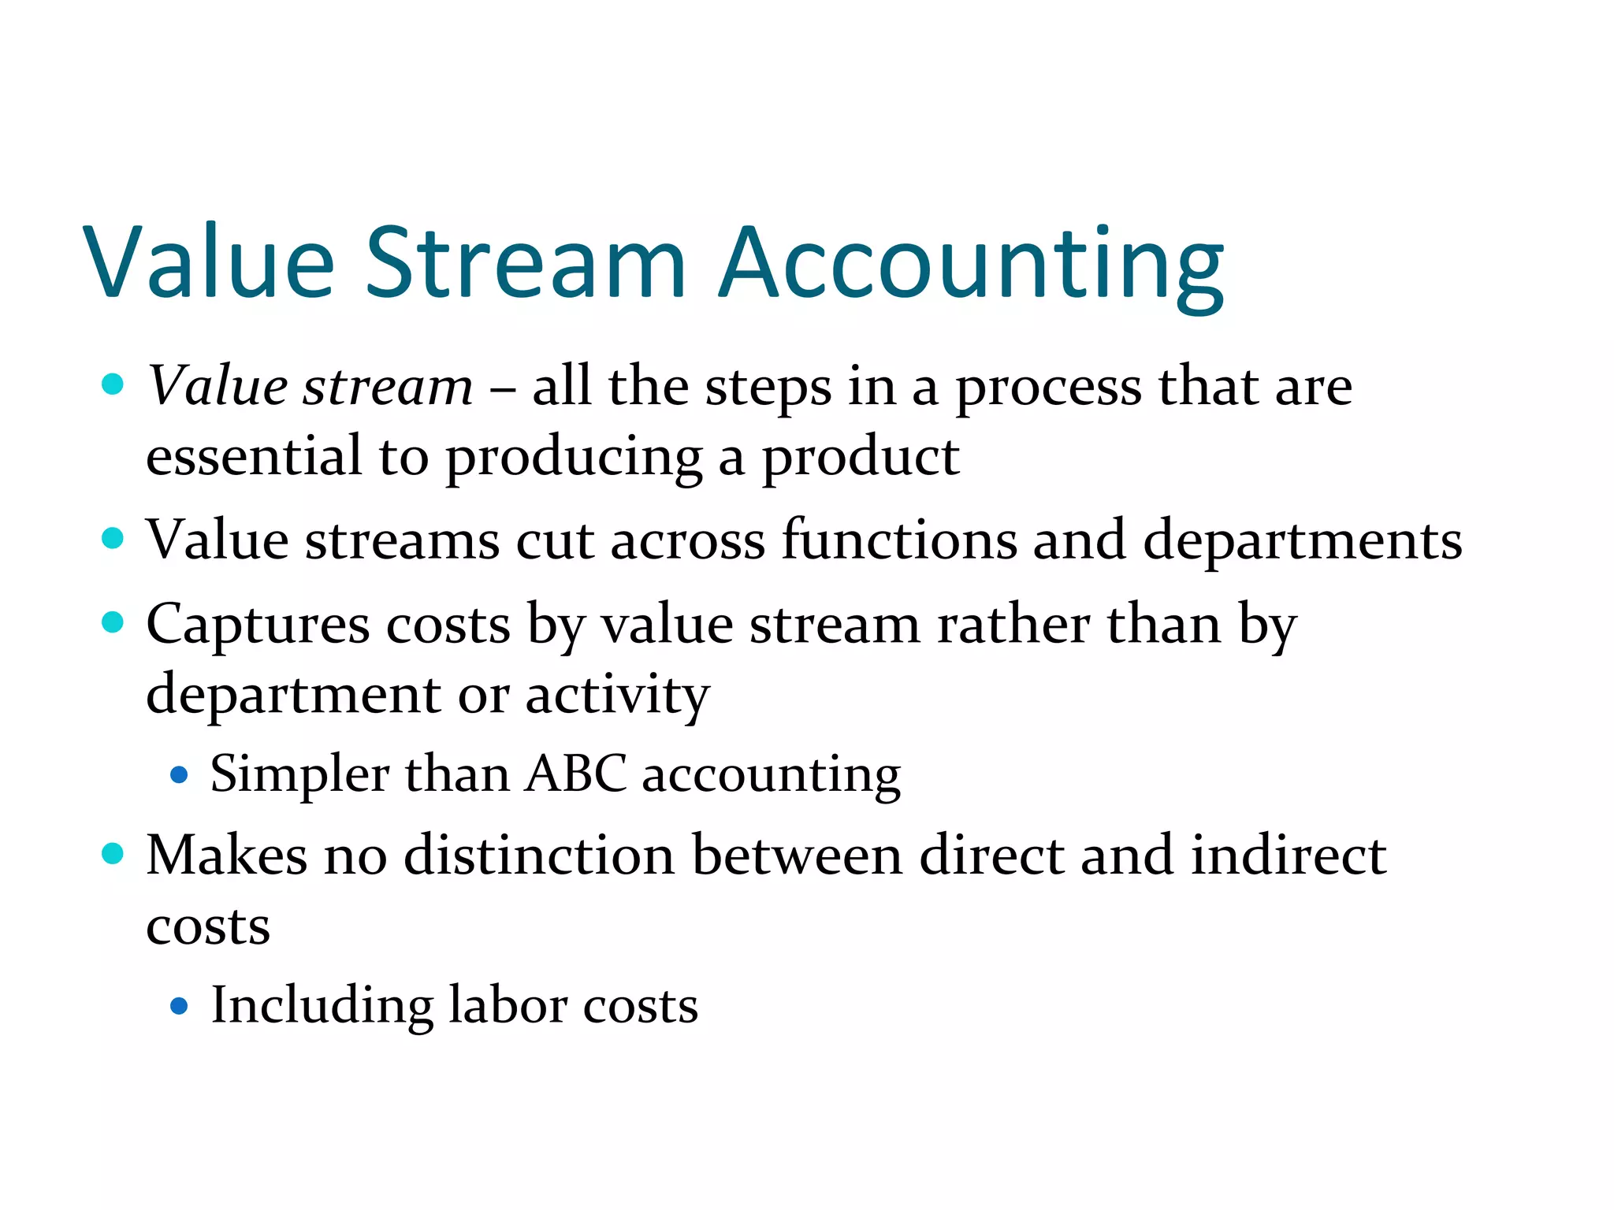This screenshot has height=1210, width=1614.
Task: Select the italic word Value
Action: [218, 386]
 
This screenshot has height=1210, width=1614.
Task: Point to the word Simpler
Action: [299, 774]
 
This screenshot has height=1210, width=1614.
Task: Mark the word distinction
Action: [539, 856]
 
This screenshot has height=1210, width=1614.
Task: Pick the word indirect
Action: [1288, 856]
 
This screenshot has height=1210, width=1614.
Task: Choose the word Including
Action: [322, 1007]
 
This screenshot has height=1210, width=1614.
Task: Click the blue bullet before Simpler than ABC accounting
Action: [180, 775]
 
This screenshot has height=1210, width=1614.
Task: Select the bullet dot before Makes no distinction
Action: [113, 854]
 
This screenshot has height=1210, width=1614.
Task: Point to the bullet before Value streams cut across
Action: [113, 539]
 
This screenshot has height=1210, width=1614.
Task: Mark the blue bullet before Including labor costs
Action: [180, 1006]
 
